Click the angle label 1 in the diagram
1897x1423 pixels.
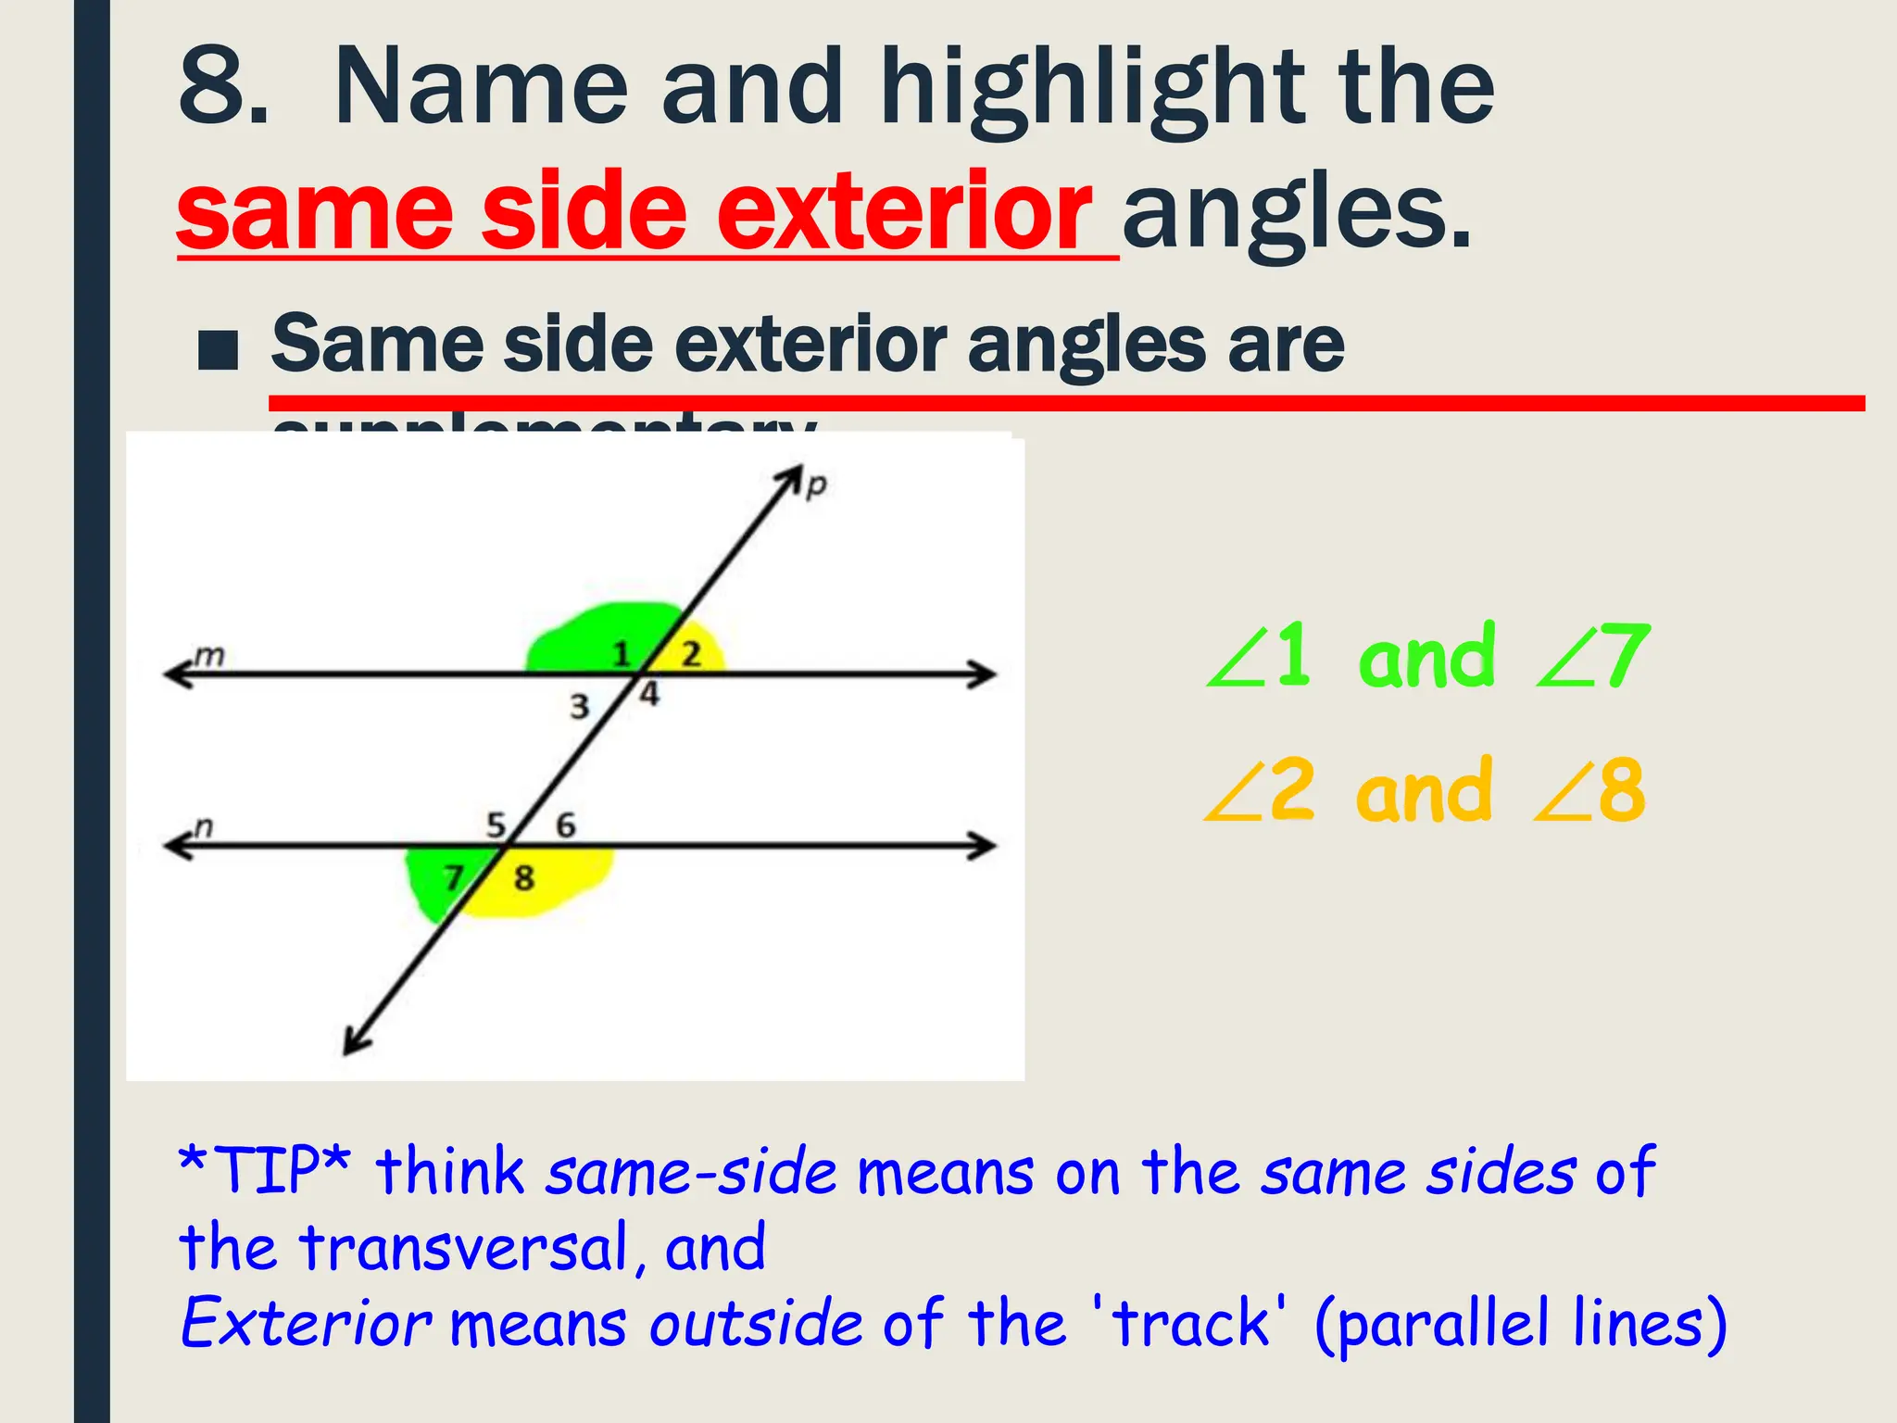point(622,654)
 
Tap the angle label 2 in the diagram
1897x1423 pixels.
point(691,654)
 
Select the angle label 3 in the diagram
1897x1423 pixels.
point(579,707)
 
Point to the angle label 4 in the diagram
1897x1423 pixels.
point(650,694)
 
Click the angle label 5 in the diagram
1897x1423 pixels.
point(496,824)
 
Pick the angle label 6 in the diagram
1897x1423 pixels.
point(565,825)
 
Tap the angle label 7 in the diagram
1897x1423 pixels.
point(453,876)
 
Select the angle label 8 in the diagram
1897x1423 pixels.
point(524,877)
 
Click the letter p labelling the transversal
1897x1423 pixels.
point(815,485)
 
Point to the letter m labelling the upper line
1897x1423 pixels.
point(210,656)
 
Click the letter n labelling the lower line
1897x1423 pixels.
point(204,825)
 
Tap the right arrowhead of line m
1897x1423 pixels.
point(984,674)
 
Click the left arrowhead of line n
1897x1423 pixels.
point(176,845)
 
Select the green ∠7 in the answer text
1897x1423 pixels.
point(1593,656)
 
